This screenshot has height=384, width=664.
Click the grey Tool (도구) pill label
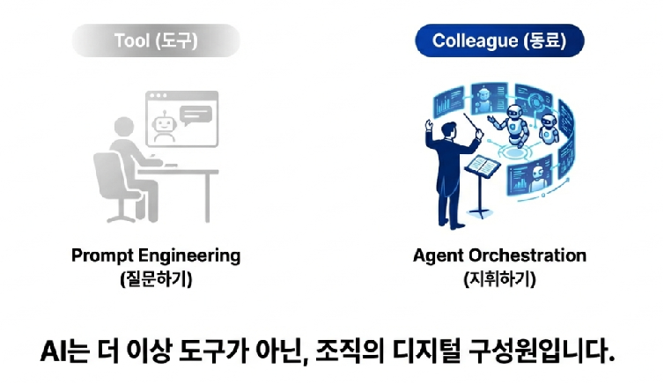156,41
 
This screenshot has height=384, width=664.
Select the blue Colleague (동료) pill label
499,41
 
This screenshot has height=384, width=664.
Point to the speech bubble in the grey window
196,114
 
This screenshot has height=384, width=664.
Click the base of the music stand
479,211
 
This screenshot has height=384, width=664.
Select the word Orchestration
528,256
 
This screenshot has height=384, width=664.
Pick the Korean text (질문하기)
156,279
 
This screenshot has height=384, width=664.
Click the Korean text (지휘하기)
499,279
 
